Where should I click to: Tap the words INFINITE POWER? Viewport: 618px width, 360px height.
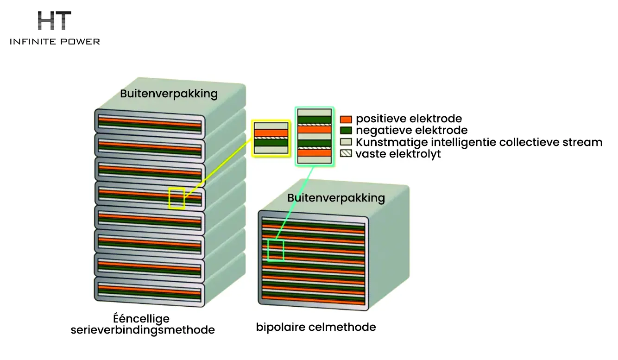tap(55, 42)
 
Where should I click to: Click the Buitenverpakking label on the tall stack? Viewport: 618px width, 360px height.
tap(169, 94)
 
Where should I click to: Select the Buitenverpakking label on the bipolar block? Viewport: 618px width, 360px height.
tap(336, 198)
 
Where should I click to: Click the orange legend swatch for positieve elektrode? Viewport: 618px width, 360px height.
tap(346, 119)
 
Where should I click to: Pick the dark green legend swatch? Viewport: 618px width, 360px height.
tap(346, 131)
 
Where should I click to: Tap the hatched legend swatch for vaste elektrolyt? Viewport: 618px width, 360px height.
tap(346, 153)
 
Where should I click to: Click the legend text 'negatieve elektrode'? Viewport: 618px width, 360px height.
tap(412, 130)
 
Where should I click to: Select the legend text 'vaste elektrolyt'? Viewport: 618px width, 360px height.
tap(398, 154)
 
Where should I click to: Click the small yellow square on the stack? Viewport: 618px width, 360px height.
tap(177, 198)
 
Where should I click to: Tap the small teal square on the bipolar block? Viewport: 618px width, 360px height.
tap(276, 250)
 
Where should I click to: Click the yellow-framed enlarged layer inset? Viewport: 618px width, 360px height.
tap(271, 139)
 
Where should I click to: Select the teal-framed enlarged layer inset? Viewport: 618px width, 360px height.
tap(315, 137)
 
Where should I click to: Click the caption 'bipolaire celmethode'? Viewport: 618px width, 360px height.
tap(316, 327)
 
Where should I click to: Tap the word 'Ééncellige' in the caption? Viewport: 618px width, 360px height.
tap(141, 319)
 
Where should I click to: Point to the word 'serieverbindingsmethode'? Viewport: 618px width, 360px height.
tap(143, 330)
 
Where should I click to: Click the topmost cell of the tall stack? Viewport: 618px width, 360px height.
tap(150, 124)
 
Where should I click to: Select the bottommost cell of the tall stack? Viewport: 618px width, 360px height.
tap(150, 292)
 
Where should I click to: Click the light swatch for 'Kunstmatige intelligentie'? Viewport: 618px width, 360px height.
tap(346, 142)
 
